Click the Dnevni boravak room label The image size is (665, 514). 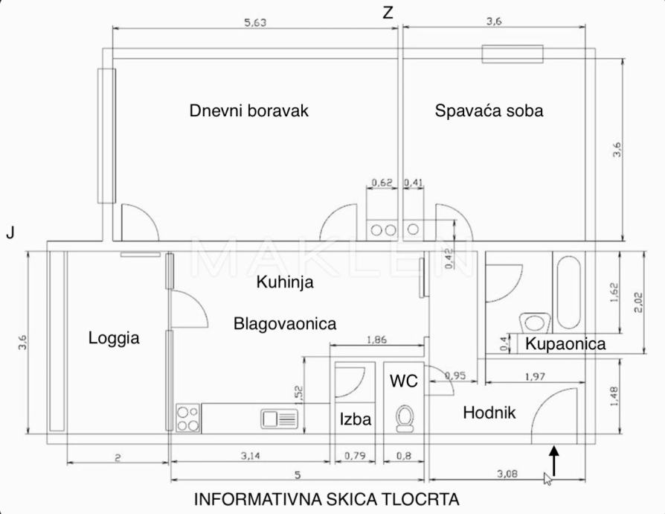click(248, 110)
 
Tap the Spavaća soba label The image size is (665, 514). click(489, 110)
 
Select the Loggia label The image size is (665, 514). click(114, 337)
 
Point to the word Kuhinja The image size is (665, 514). click(284, 282)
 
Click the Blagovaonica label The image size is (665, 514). click(285, 324)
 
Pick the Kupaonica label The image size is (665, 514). click(565, 344)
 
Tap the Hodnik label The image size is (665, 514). click(489, 412)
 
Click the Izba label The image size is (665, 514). click(356, 419)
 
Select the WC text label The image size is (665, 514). click(404, 381)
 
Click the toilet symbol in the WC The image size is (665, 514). click(406, 419)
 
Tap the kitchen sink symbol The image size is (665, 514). click(279, 419)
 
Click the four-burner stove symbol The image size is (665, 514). click(187, 419)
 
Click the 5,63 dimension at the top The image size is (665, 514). click(256, 22)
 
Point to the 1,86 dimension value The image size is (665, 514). click(377, 340)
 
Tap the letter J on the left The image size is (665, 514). click(10, 233)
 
